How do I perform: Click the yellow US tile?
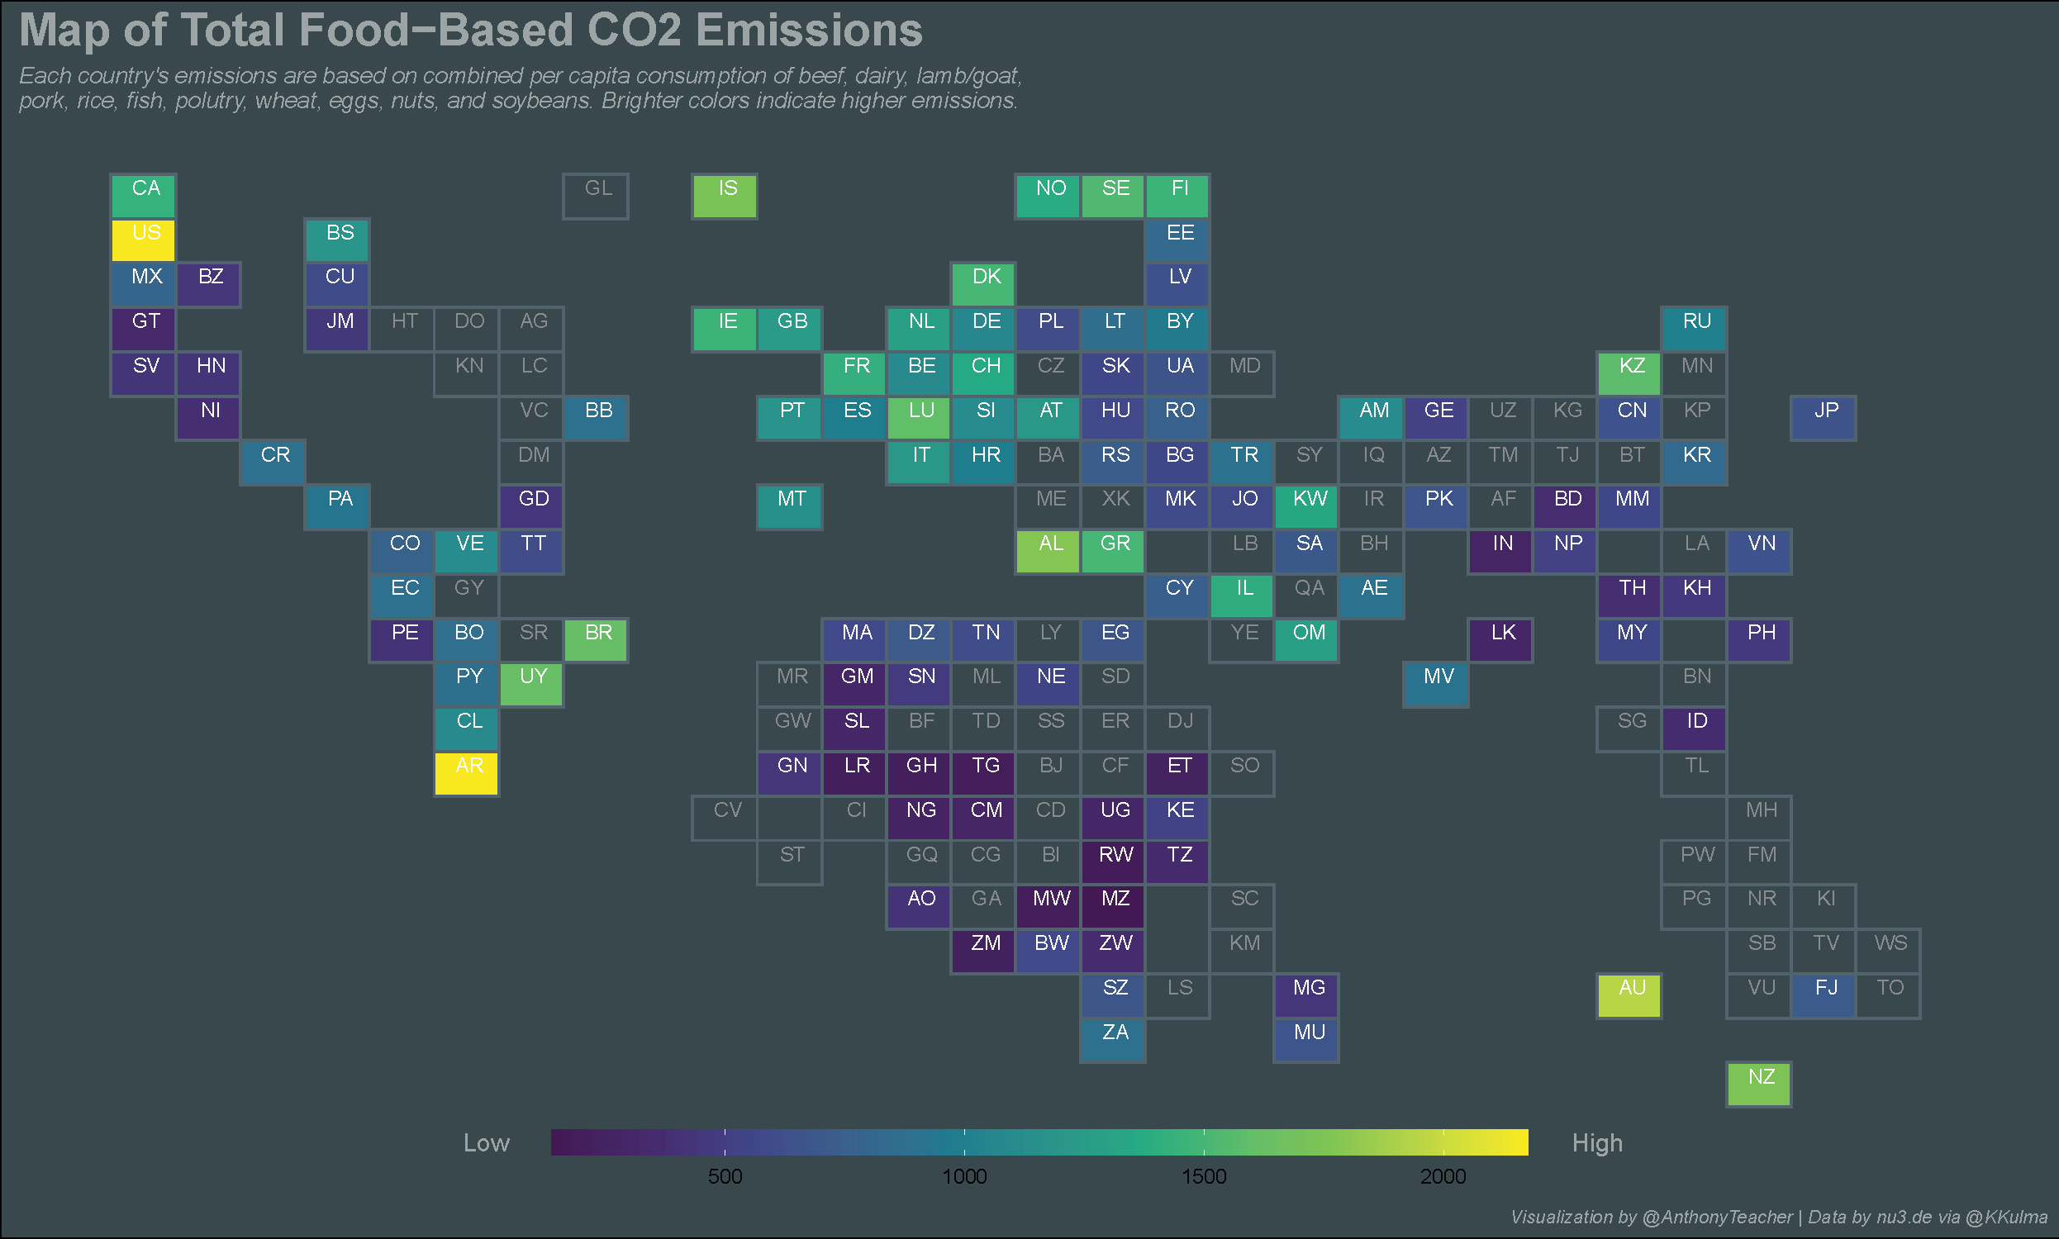pyautogui.click(x=144, y=240)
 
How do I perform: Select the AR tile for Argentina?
pyautogui.click(x=467, y=773)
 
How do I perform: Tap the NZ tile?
pyautogui.click(x=1759, y=1084)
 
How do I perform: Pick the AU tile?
pyautogui.click(x=1630, y=995)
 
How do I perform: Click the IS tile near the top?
pyautogui.click(x=725, y=197)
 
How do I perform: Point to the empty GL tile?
pyautogui.click(x=597, y=197)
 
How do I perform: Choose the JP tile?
pyautogui.click(x=1824, y=417)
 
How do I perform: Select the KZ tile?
pyautogui.click(x=1630, y=373)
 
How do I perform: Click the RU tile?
pyautogui.click(x=1695, y=329)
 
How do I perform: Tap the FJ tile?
pyautogui.click(x=1824, y=995)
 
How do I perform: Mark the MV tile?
pyautogui.click(x=1436, y=684)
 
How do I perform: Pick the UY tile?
pyautogui.click(x=532, y=684)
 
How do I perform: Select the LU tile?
pyautogui.click(x=920, y=417)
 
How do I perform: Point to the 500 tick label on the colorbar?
pyautogui.click(x=725, y=1176)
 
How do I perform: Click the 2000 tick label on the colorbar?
pyautogui.click(x=1443, y=1176)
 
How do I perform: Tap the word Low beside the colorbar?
pyautogui.click(x=486, y=1143)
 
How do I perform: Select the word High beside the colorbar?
pyautogui.click(x=1596, y=1143)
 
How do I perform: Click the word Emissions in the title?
pyautogui.click(x=808, y=31)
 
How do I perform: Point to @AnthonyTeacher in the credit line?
pyautogui.click(x=1717, y=1218)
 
